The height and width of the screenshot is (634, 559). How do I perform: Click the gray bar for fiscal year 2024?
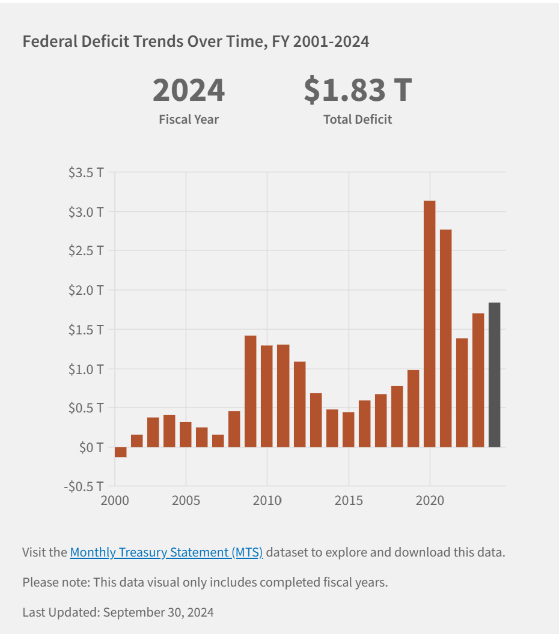point(494,375)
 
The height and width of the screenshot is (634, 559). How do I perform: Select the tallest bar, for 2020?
point(429,324)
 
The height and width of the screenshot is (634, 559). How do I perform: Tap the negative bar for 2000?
point(120,452)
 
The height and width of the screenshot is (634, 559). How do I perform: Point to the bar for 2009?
point(251,391)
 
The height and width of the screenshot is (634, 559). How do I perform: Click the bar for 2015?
point(348,429)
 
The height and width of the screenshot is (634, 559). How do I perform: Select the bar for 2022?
point(462,393)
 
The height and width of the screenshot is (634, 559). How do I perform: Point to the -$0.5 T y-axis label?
point(84,486)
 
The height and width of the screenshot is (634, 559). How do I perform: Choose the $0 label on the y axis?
point(91,447)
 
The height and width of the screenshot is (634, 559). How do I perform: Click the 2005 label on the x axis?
point(186,500)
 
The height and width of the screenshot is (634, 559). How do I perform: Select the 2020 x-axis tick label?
point(430,500)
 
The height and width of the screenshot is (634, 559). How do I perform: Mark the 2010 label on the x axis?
point(267,500)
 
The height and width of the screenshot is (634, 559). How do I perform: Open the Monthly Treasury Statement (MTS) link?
point(166,552)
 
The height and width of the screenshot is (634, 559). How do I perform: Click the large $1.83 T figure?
point(358,89)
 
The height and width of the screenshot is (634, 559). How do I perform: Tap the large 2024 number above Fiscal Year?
point(189,89)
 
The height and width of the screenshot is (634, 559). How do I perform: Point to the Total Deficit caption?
point(358,119)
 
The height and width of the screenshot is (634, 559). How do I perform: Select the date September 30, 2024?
point(158,612)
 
